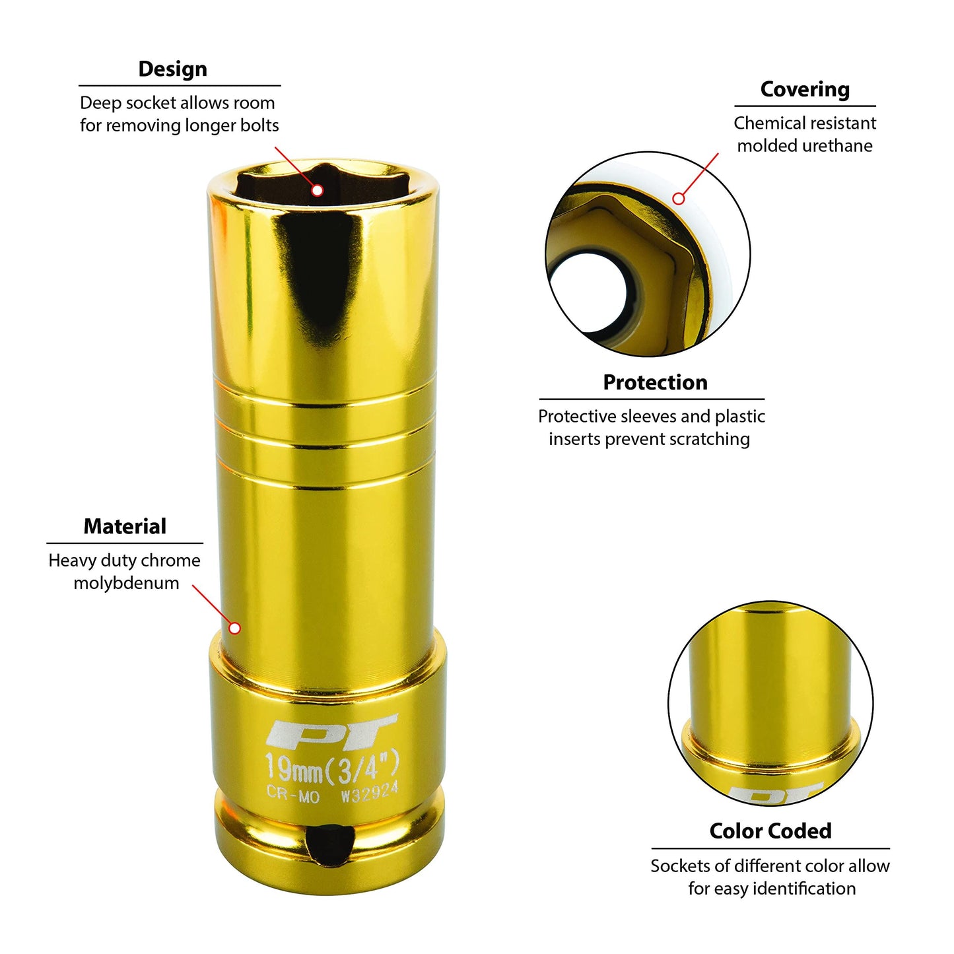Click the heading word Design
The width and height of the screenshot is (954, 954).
coord(173,69)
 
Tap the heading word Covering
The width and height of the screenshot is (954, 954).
coord(805,90)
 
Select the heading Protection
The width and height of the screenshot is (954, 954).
coord(655,383)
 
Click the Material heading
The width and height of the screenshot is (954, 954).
coord(125,526)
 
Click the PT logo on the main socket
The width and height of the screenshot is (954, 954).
coord(331,730)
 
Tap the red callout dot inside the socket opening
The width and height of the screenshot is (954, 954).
coord(318,190)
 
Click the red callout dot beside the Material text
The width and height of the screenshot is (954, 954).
coord(235,629)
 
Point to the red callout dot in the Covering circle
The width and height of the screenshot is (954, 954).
coord(679,199)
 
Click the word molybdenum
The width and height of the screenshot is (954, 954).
coord(126,583)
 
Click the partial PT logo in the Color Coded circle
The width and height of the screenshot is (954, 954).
coord(775,793)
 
